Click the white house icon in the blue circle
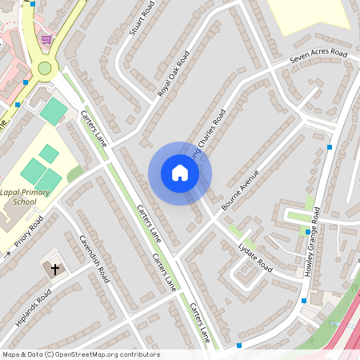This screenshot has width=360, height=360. click(180, 173)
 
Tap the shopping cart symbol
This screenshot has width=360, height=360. click(47, 39)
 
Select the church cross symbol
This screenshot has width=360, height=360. click(56, 270)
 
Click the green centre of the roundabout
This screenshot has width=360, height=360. click(45, 68)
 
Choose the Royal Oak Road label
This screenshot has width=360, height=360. click(174, 74)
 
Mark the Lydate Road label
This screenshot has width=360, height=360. click(256, 257)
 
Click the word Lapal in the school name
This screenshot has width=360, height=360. click(15, 193)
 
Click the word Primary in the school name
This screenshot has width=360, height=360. click(44, 193)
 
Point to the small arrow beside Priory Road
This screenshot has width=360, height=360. click(8, 255)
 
